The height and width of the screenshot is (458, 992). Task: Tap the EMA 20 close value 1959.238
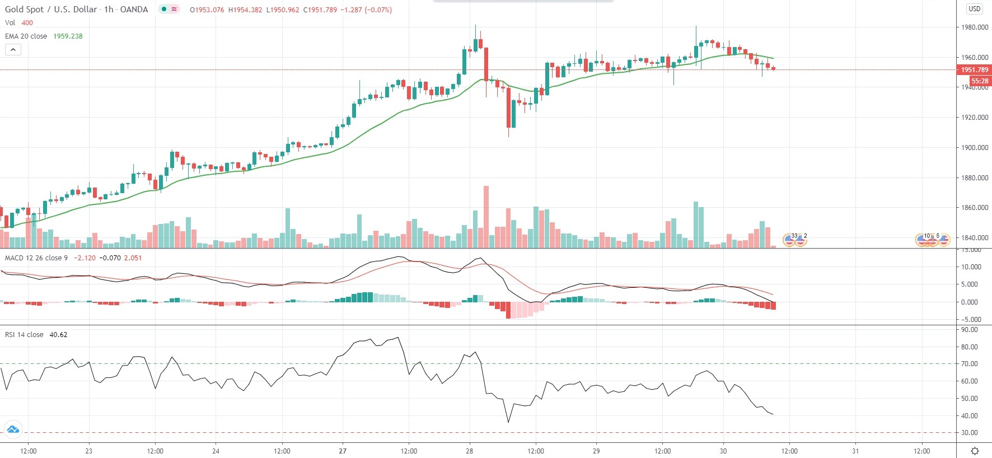pyautogui.click(x=68, y=36)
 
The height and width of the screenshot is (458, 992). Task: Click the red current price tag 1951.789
pyautogui.click(x=974, y=70)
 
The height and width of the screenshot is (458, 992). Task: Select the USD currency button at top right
pyautogui.click(x=975, y=9)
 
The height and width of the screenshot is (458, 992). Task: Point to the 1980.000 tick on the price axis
pyautogui.click(x=974, y=27)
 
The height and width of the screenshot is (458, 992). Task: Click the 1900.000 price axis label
pyautogui.click(x=974, y=148)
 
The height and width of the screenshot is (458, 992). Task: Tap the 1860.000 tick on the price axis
pyautogui.click(x=974, y=208)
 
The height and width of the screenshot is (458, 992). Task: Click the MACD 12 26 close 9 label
pyautogui.click(x=36, y=258)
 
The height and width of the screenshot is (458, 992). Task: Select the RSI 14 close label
pyautogui.click(x=24, y=335)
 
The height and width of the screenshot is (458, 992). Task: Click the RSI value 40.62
pyautogui.click(x=58, y=335)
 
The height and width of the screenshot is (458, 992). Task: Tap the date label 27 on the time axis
pyautogui.click(x=343, y=451)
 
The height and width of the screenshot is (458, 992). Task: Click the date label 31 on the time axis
pyautogui.click(x=855, y=451)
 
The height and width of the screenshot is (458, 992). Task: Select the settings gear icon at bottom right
pyautogui.click(x=975, y=451)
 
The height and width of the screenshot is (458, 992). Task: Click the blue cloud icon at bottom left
pyautogui.click(x=12, y=430)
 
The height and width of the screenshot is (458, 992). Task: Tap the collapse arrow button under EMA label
pyautogui.click(x=13, y=50)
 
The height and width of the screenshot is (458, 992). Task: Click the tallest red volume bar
pyautogui.click(x=486, y=217)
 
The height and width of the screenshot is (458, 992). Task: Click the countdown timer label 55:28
pyautogui.click(x=980, y=81)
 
